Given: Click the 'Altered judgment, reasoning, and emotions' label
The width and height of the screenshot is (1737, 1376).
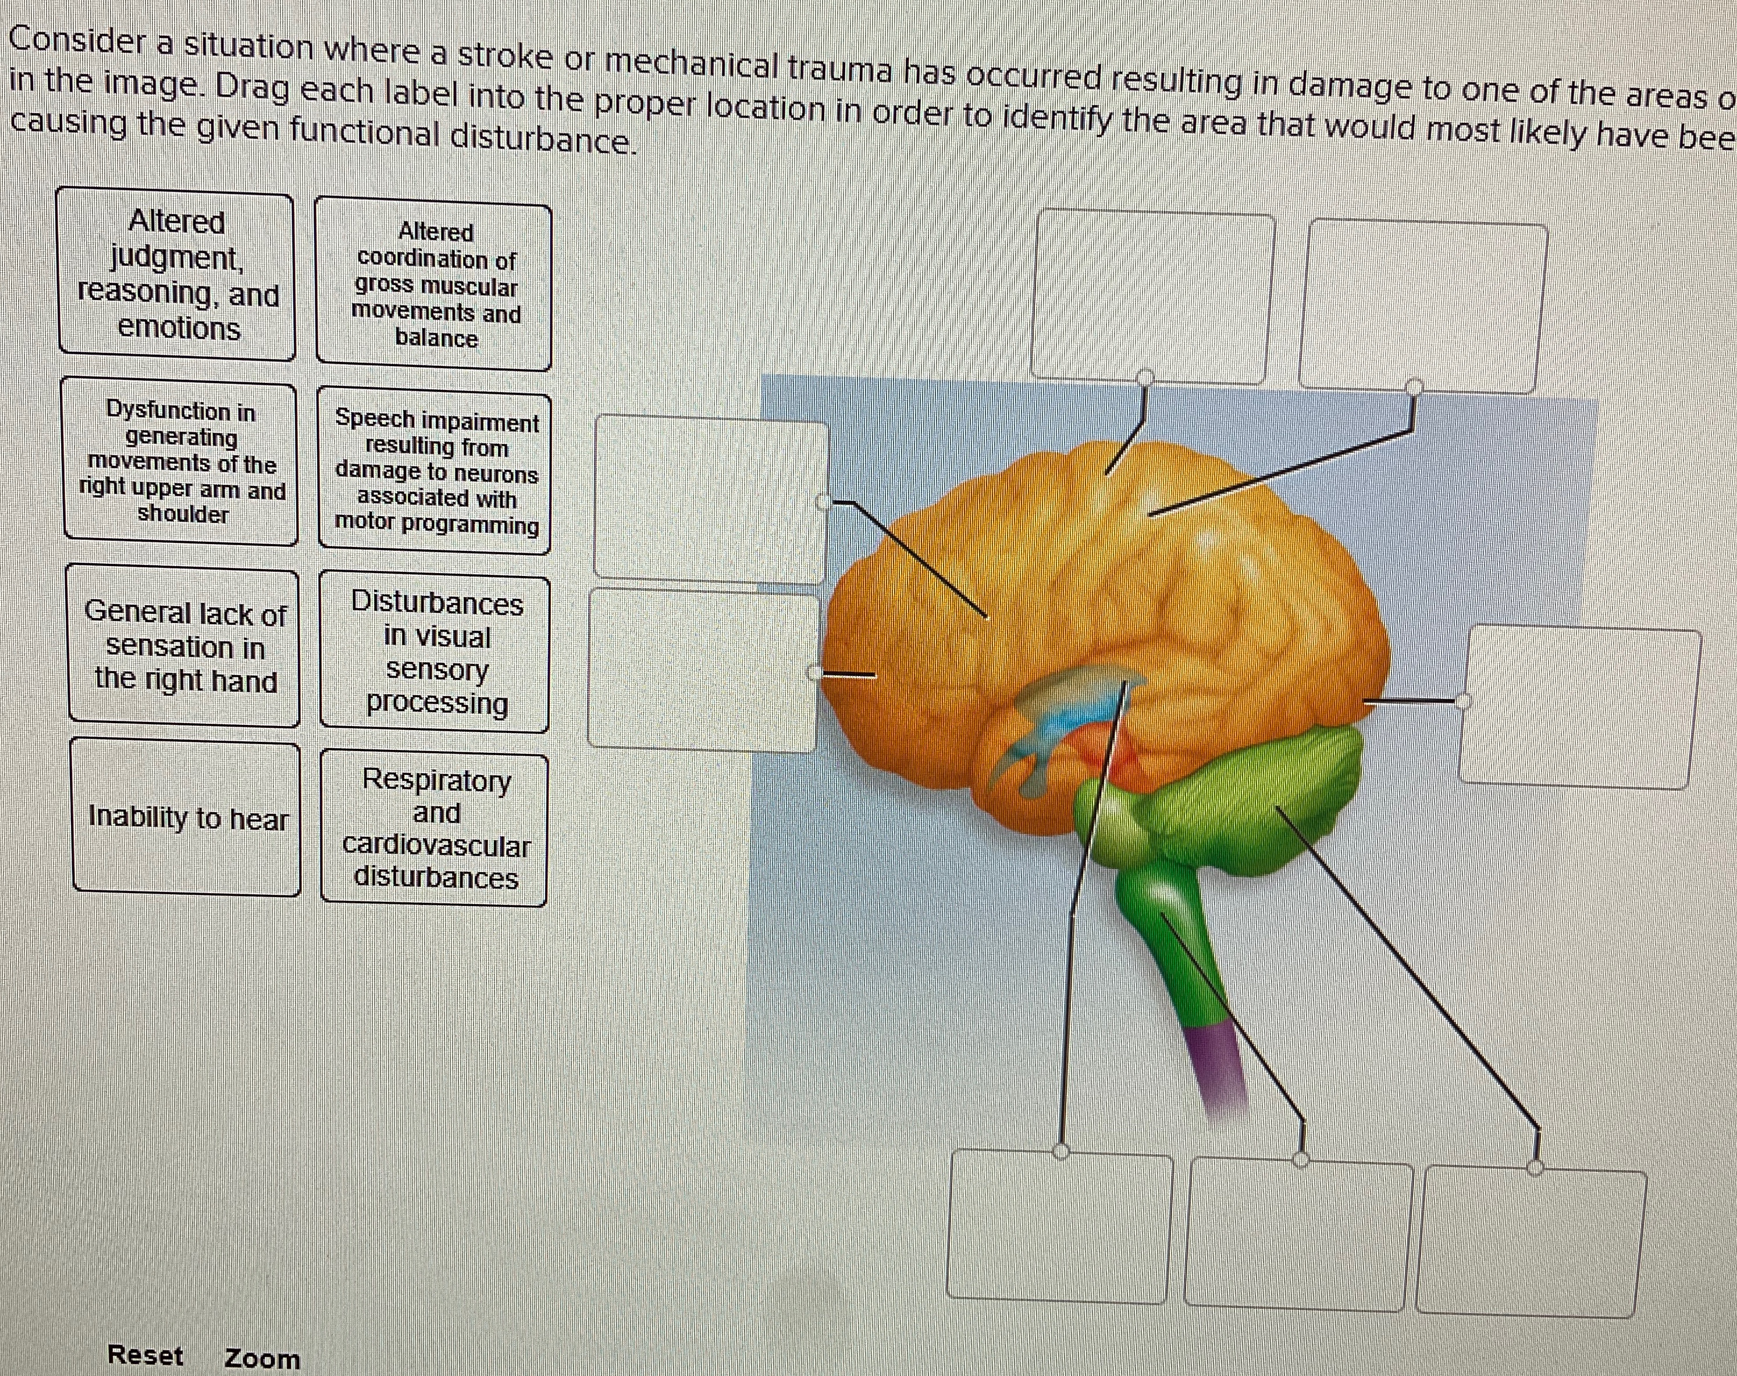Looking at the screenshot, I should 177,275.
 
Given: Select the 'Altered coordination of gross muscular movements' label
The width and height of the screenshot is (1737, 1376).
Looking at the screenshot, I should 435,286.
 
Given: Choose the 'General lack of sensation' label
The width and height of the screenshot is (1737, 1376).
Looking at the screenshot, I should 184,647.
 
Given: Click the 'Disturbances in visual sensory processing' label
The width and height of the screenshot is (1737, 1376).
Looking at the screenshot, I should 436,653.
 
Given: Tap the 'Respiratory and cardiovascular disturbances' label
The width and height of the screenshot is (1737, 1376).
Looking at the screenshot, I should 435,829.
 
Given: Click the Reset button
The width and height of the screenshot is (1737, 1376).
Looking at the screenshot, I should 146,1355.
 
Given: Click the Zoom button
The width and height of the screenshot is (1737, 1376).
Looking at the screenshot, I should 262,1359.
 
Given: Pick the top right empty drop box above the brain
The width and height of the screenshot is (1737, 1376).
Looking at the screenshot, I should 1423,306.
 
